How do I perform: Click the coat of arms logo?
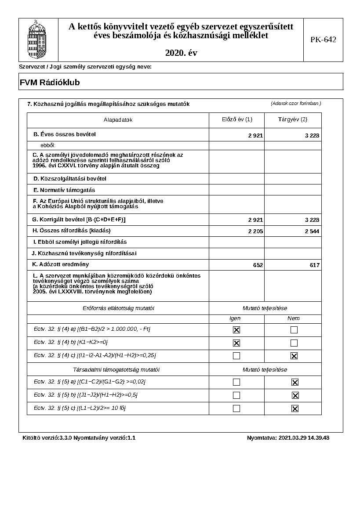(x=37, y=40)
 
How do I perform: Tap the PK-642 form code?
(x=323, y=40)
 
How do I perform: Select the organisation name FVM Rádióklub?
(x=50, y=82)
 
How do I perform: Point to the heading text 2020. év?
(x=181, y=53)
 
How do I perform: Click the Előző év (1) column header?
(x=237, y=119)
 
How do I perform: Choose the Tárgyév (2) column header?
(x=293, y=119)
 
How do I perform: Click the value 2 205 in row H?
(x=255, y=231)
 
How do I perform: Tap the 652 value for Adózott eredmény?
(x=258, y=265)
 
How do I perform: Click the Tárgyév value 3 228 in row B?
(x=312, y=136)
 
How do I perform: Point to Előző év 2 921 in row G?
(x=255, y=220)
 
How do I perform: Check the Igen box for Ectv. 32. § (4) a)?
(x=236, y=330)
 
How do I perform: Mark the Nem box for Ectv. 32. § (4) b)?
(x=294, y=343)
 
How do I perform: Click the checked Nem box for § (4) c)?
(x=294, y=356)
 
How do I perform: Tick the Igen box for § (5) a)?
(x=236, y=382)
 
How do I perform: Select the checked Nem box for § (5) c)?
(x=295, y=408)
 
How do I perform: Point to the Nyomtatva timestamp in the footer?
(x=288, y=438)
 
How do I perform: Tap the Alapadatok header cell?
(x=118, y=120)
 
